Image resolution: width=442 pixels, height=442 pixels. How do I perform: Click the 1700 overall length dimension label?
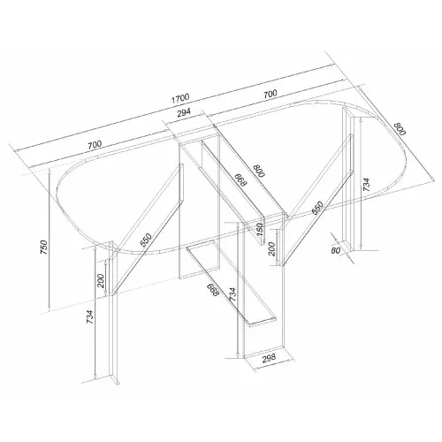pos(180,98)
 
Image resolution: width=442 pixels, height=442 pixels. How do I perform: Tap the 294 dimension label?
pos(184,112)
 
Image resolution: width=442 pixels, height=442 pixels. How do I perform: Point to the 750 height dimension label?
pos(43,248)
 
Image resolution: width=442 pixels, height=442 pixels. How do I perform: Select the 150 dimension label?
pos(259,229)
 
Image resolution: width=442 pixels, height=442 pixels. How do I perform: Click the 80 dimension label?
pos(336,250)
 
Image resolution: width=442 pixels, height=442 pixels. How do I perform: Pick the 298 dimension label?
pos(269,358)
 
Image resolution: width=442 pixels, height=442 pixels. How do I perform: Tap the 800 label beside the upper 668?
pos(260,171)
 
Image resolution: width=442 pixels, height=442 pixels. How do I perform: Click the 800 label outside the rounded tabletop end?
pos(400,128)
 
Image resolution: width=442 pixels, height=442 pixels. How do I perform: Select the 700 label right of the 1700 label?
pos(271,94)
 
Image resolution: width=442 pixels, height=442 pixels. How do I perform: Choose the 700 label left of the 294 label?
pos(95,144)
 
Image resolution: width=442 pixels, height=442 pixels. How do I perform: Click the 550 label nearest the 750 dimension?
pos(146,240)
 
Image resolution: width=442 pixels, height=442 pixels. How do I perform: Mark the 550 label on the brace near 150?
pos(317,208)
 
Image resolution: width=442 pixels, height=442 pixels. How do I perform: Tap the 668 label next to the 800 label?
pos(240,179)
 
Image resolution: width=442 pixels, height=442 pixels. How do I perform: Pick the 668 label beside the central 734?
pos(213,290)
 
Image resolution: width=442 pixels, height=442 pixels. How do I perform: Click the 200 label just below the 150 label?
pos(271,249)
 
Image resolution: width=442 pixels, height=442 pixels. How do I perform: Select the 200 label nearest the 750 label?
pos(101,281)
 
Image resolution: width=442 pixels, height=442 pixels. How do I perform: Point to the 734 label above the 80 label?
pos(366,185)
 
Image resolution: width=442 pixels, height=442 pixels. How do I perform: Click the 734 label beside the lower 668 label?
pos(232,294)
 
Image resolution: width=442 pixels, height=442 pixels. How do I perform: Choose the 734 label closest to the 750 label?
pos(90,317)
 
